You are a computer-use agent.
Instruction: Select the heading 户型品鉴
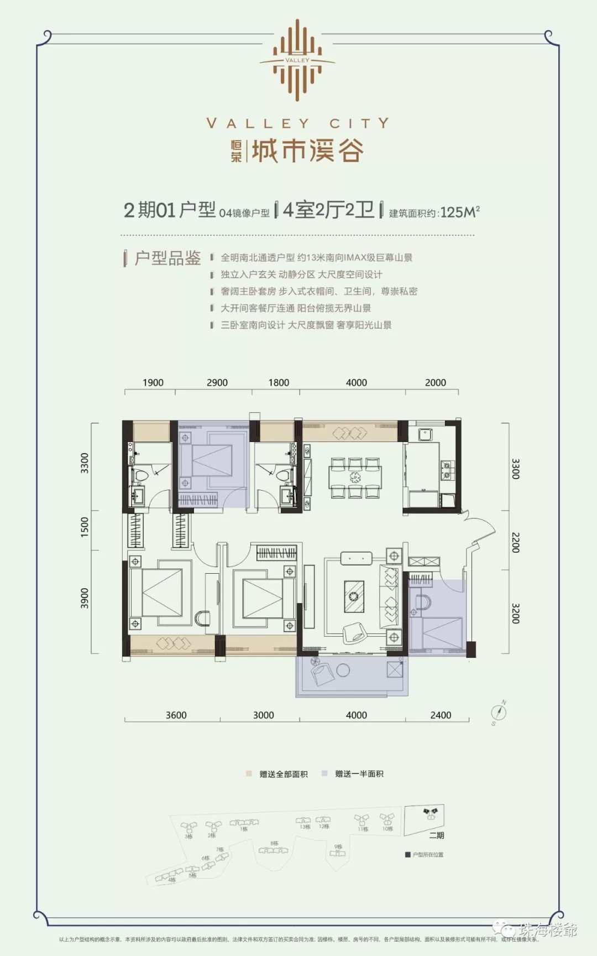tap(167, 258)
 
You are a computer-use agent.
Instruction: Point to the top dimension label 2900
tap(217, 382)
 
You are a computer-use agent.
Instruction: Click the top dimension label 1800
tap(279, 382)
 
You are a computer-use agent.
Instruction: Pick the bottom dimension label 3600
tap(176, 715)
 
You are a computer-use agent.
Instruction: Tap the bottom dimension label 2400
tap(441, 715)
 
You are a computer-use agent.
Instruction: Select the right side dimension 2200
tap(515, 542)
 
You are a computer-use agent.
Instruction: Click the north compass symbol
tap(499, 713)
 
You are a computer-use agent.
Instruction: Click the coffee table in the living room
tap(354, 596)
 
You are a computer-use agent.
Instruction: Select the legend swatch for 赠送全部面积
tap(250, 773)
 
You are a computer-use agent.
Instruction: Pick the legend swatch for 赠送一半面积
tap(325, 773)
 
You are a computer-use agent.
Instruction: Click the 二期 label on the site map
tap(437, 835)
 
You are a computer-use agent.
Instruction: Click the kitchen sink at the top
tap(426, 435)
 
